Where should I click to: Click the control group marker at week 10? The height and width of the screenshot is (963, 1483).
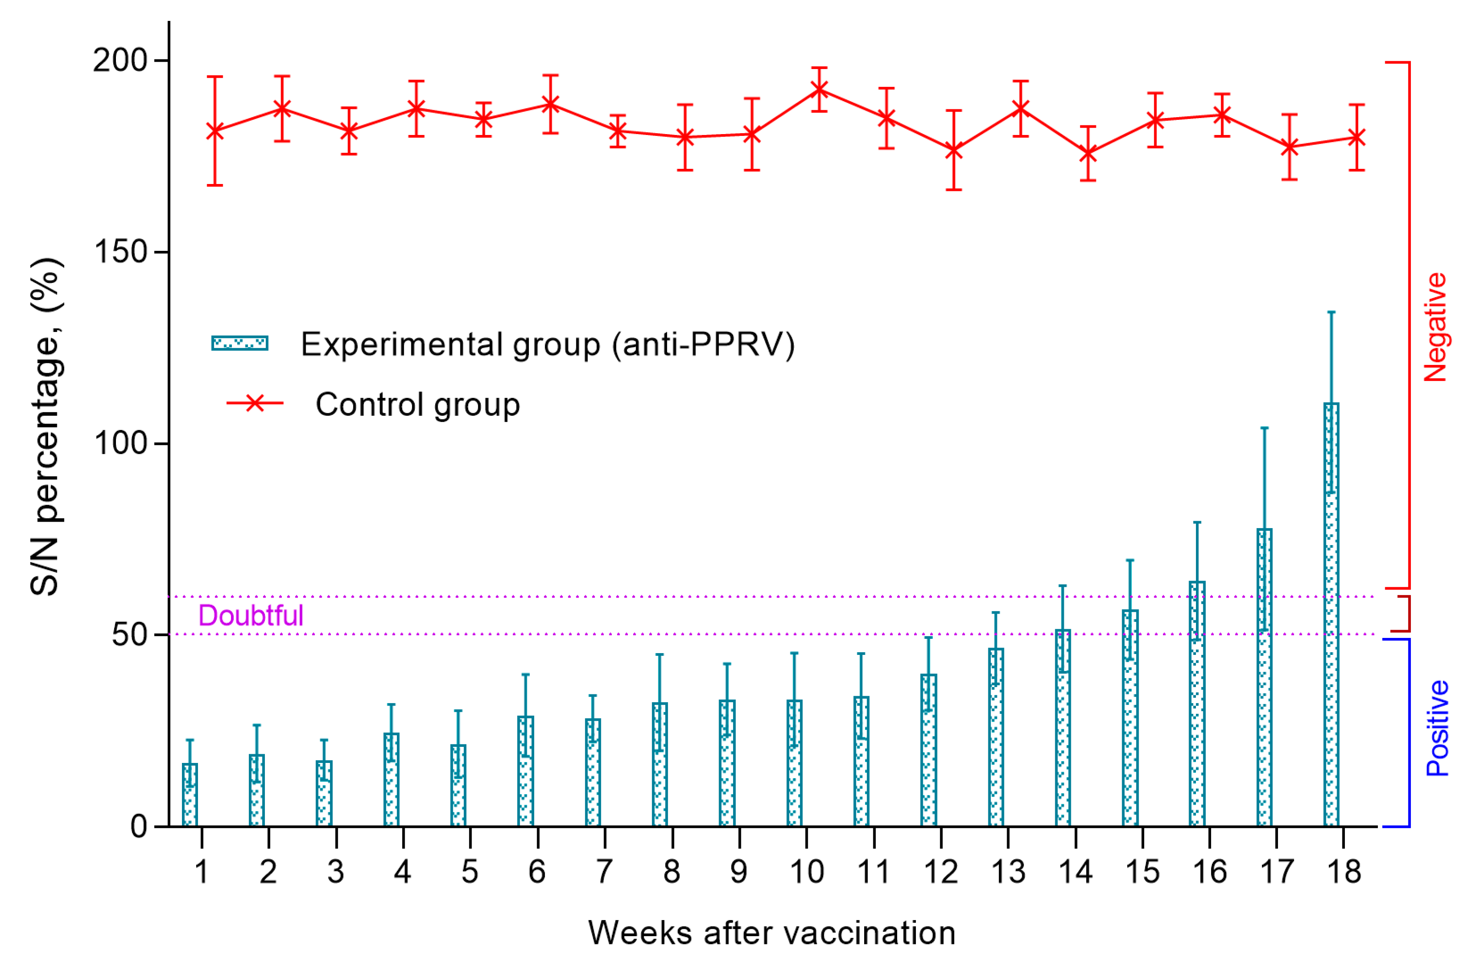(819, 89)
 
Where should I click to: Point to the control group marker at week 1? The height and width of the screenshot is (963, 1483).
(215, 131)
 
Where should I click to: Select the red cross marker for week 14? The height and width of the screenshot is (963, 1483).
(1088, 153)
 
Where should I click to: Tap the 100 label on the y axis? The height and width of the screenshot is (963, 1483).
(119, 444)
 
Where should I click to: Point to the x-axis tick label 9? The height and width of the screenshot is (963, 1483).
(739, 872)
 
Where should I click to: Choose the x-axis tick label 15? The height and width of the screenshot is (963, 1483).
(1142, 872)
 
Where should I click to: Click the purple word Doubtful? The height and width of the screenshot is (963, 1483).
(251, 615)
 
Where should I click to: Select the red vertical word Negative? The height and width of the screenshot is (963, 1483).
(1436, 327)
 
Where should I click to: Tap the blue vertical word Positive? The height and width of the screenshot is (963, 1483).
(1437, 728)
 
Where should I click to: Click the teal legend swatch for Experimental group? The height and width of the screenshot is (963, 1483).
(240, 343)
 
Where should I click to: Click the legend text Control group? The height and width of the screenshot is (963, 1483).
(417, 405)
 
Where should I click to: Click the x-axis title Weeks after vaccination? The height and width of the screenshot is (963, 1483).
(771, 933)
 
